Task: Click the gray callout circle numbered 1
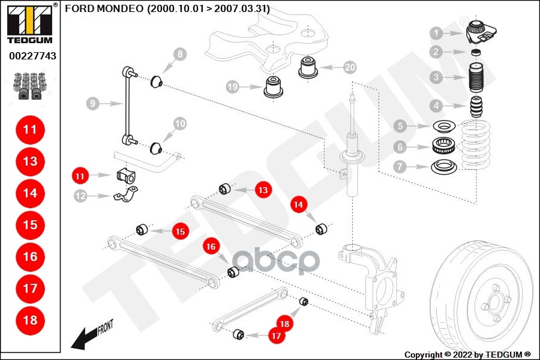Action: coord(436,33)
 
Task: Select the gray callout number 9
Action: coord(92,104)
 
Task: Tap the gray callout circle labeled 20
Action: coord(350,67)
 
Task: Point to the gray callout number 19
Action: coord(233,87)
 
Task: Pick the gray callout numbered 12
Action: coord(80,195)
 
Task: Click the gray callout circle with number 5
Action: coord(400,126)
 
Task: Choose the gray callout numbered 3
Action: coord(436,77)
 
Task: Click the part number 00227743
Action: coord(32,56)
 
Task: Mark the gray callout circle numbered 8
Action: coord(179,56)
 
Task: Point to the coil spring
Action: coord(477,147)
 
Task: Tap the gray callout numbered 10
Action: coord(179,124)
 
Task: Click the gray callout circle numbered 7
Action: coord(400,166)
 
